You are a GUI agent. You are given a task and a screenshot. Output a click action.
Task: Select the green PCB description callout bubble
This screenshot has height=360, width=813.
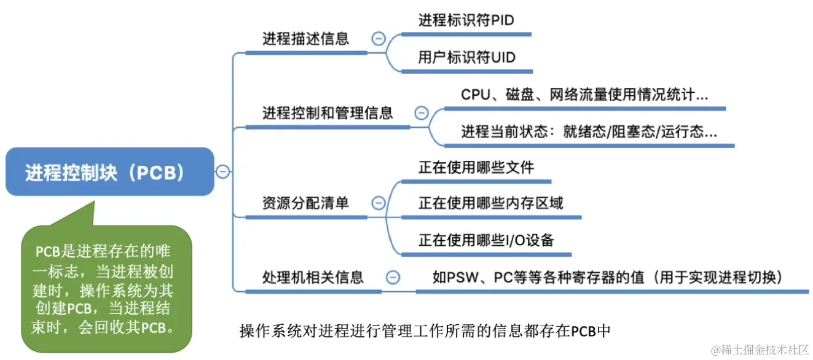[x=105, y=288]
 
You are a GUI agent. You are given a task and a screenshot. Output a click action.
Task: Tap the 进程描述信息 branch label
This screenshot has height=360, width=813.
[x=305, y=39]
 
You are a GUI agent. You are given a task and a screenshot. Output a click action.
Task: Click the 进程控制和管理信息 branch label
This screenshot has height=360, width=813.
[x=327, y=113]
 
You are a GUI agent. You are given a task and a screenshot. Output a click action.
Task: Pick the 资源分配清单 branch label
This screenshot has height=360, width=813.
[x=305, y=203]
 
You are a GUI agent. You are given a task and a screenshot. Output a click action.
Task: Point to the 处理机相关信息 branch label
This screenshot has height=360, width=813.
[x=313, y=277]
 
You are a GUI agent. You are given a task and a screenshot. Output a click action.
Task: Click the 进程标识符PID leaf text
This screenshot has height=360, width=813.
[x=466, y=20]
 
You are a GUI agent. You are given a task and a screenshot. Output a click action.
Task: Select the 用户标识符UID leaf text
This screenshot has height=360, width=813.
[x=466, y=58]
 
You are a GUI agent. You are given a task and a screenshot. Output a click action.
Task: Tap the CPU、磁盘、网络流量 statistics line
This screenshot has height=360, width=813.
[x=584, y=95]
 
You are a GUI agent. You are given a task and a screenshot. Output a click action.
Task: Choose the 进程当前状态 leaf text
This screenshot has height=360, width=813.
[x=589, y=132]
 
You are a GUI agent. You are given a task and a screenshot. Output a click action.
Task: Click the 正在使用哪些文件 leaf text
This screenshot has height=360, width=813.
[x=476, y=168]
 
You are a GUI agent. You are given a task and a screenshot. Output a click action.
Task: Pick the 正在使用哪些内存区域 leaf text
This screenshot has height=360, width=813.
[x=490, y=203]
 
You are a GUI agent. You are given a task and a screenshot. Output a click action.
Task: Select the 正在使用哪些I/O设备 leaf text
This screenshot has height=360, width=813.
[x=486, y=240]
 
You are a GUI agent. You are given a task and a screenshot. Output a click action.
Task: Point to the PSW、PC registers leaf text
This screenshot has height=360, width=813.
[x=607, y=277]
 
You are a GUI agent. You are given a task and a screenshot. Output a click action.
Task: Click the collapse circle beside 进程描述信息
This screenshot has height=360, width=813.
[x=379, y=39]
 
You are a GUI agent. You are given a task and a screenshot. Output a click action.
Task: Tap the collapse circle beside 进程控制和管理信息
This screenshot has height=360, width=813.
[x=421, y=113]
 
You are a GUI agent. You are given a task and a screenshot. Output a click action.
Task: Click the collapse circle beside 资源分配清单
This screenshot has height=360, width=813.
[x=379, y=203]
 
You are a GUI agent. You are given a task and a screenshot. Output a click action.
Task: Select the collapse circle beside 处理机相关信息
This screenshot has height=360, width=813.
[x=393, y=277]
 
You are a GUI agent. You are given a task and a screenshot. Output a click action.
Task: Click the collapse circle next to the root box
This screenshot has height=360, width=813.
[x=223, y=171]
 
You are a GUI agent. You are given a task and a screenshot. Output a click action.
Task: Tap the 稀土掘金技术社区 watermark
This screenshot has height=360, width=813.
[x=760, y=348]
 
